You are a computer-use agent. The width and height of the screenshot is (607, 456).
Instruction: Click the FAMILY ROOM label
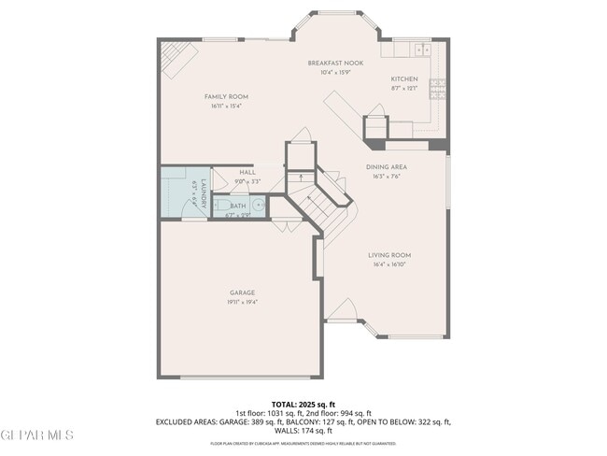click(x=226, y=96)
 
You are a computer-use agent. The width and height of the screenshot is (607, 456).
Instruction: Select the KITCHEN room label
click(x=403, y=78)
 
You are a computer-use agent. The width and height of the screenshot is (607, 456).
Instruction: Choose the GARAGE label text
click(x=243, y=292)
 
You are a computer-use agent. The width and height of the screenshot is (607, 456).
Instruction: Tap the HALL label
click(x=247, y=172)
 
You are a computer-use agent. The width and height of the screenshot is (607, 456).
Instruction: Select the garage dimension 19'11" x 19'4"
click(x=243, y=302)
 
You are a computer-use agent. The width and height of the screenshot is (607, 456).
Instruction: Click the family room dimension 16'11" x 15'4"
click(x=226, y=106)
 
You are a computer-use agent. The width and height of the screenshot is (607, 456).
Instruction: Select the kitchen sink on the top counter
click(x=419, y=49)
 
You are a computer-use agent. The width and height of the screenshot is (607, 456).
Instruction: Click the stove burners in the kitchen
click(x=436, y=90)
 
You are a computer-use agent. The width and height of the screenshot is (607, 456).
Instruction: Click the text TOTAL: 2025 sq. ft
click(x=303, y=404)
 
